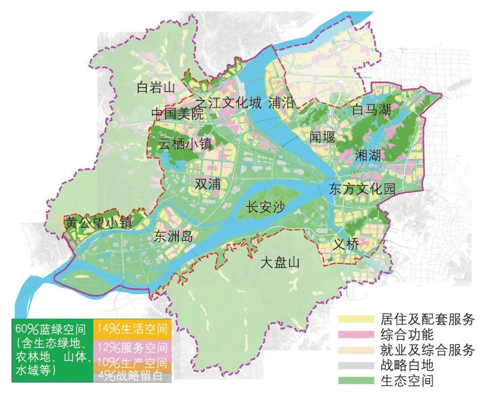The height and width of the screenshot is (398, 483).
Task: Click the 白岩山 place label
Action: pyautogui.click(x=155, y=87)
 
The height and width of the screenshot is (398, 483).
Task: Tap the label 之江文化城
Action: pyautogui.click(x=228, y=103)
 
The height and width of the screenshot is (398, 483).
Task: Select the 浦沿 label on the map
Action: pyautogui.click(x=282, y=103)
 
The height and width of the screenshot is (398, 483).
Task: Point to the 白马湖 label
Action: pyautogui.click(x=372, y=110)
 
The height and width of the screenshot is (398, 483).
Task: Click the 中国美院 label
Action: pyautogui.click(x=178, y=114)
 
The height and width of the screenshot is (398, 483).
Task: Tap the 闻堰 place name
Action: pyautogui.click(x=322, y=137)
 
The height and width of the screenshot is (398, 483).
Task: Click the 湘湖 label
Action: pyautogui.click(x=368, y=155)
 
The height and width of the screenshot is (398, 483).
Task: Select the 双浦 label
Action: pyautogui.click(x=208, y=184)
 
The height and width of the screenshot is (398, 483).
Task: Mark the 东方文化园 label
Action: pyautogui.click(x=362, y=189)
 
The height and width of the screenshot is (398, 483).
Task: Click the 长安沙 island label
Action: pyautogui.click(x=267, y=208)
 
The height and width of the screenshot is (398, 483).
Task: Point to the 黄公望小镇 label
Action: pyautogui.click(x=99, y=223)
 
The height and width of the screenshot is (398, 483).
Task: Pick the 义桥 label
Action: pyautogui.click(x=346, y=244)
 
